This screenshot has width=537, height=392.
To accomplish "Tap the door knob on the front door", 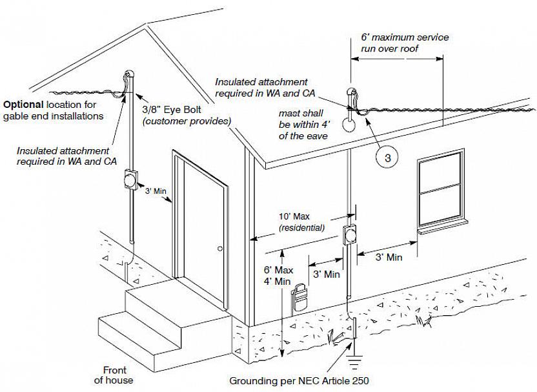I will (221, 248).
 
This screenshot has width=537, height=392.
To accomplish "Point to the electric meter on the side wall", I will (351, 235).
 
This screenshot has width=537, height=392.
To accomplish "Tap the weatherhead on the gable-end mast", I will (128, 78).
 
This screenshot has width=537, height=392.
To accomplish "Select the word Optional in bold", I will (24, 104).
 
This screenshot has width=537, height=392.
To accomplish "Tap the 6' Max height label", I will (279, 269).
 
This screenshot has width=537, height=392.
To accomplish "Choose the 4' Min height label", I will (279, 281).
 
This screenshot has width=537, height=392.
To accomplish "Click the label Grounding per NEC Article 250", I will (299, 381).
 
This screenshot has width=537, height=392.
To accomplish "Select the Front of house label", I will (114, 375).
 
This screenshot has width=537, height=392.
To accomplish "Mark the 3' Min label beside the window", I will (389, 257).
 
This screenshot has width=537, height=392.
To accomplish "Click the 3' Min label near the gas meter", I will (326, 274).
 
